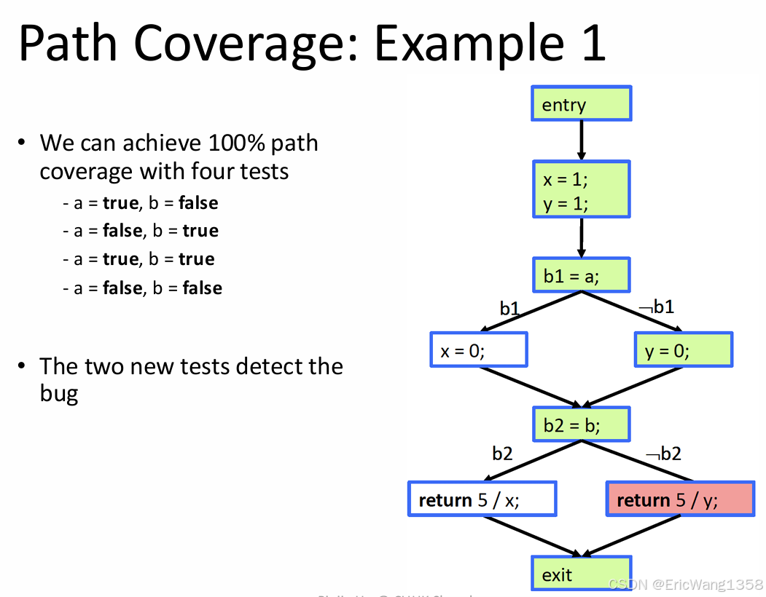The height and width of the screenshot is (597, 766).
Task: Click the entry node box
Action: (581, 104)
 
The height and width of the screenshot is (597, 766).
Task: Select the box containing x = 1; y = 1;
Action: (581, 190)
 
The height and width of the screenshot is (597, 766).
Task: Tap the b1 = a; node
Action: (581, 275)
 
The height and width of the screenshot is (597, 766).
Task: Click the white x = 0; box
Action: (478, 350)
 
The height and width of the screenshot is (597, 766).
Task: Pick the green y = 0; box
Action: (683, 350)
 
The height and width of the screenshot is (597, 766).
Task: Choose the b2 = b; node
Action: (581, 424)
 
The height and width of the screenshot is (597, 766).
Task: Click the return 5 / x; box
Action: (482, 499)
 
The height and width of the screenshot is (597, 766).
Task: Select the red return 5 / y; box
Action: (679, 499)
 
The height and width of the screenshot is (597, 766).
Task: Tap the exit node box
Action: (581, 574)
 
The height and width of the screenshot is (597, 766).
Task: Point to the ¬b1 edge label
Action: (657, 307)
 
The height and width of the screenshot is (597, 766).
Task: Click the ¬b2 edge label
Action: (663, 454)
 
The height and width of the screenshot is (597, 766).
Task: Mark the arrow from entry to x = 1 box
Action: (581, 141)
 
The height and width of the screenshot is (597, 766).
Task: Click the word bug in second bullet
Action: (58, 394)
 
